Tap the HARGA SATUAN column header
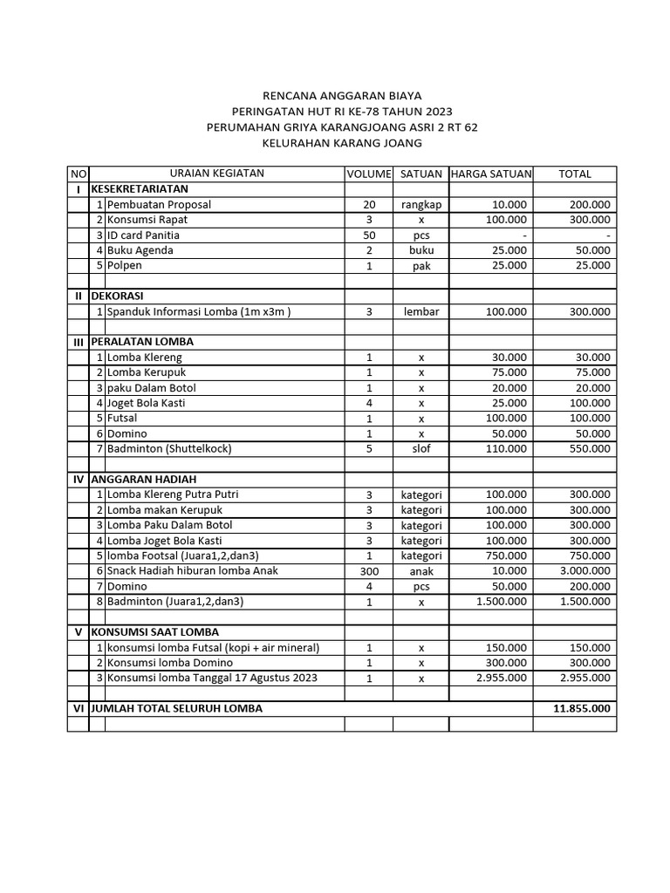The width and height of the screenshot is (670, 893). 490,174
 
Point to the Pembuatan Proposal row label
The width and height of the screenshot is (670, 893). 159,204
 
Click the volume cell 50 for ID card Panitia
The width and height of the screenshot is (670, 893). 369,235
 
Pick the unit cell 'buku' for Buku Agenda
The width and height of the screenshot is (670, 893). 420,250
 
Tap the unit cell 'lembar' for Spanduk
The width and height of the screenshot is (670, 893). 420,311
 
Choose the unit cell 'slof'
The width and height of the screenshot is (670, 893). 420,449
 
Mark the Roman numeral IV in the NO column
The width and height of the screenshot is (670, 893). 78,480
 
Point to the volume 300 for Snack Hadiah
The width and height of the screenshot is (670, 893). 369,571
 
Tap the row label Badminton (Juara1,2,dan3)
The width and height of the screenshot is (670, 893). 175,602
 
